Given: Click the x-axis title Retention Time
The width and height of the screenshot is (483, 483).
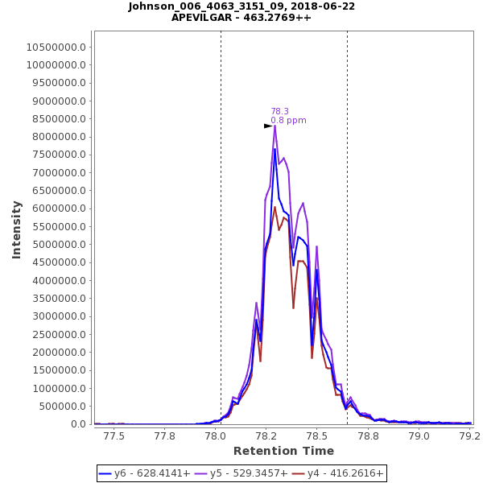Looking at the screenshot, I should tap(283, 451).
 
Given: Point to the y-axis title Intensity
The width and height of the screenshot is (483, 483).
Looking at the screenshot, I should tap(16, 229).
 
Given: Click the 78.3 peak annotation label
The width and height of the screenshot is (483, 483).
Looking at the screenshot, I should tap(279, 112).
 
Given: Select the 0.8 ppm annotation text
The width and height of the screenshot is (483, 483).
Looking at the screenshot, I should tap(288, 121).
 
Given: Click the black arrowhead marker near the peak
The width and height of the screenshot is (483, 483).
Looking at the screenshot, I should tap(268, 126).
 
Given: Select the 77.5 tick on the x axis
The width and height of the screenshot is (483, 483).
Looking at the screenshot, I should tap(114, 436).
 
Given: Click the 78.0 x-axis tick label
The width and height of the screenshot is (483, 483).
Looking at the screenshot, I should tap(215, 436).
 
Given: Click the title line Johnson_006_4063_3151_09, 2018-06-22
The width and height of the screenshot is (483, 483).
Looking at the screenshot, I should tap(242, 6).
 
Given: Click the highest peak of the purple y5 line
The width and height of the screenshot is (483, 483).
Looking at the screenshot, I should tap(275, 126).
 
